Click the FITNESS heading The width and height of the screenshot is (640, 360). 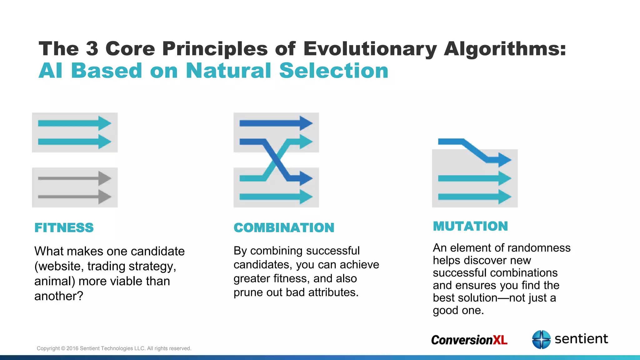coord(64,227)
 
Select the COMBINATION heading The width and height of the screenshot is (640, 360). coord(284,227)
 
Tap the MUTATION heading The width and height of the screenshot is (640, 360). coord(470,226)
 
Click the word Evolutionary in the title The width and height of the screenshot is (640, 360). coord(370,49)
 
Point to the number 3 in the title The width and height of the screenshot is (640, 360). coord(92,49)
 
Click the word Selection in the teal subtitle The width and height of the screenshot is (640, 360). coord(333,71)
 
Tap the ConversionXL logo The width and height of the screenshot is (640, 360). coord(469,340)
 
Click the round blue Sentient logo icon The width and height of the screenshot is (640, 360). coord(541,339)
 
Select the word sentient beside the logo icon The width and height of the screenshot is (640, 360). coord(581,339)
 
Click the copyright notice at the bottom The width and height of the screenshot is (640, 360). coord(114,348)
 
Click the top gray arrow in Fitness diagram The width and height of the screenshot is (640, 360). coord(74,178)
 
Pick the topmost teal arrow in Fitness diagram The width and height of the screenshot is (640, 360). coord(74,123)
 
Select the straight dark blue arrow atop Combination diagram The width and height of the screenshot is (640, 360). coord(276,123)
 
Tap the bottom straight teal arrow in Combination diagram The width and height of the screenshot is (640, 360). coord(276,197)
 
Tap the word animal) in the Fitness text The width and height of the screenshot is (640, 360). coord(55,281)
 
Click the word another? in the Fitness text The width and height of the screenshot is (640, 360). coord(59,296)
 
